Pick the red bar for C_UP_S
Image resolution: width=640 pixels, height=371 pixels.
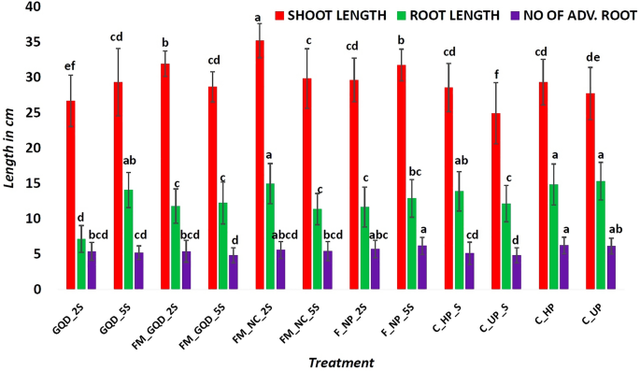pyautogui.click(x=494, y=202)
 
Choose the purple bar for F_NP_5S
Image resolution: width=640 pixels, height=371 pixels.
pyautogui.click(x=421, y=267)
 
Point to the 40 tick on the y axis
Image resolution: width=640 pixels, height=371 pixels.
pyautogui.click(x=37, y=7)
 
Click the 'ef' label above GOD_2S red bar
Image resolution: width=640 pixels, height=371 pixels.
pyautogui.click(x=70, y=65)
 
